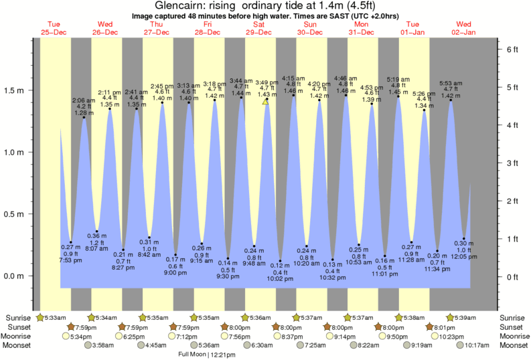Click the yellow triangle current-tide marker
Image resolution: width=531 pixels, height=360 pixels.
[x=266, y=102]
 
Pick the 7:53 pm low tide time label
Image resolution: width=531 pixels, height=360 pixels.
[x=71, y=260]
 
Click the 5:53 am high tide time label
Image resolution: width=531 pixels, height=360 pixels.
[x=451, y=84]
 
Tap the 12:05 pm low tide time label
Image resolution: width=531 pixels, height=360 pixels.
[x=463, y=256]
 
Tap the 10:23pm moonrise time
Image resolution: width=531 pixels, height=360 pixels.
[x=452, y=337]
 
